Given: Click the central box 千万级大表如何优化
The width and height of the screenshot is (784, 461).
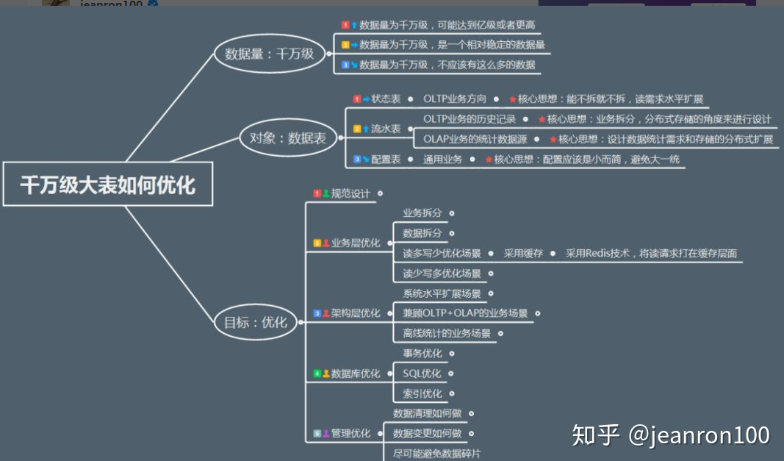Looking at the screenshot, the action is click(107, 184).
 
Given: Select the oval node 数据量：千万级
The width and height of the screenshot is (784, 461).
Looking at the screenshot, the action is click(269, 54).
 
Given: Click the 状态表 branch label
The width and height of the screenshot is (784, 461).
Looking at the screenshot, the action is click(386, 99).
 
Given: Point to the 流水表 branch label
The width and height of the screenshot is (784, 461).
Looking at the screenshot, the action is click(386, 129).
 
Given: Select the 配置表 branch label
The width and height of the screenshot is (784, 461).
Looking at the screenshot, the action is click(386, 159).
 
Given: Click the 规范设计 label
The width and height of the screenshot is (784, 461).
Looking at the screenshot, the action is click(350, 193).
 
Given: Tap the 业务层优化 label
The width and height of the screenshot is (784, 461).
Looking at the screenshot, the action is click(356, 243).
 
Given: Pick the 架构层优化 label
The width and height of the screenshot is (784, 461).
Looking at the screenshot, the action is click(356, 313).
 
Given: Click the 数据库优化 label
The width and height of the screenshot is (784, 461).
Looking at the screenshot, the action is click(356, 374).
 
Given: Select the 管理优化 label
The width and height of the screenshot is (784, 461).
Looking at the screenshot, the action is click(350, 434).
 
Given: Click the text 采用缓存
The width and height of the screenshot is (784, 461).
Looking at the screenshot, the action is click(523, 254).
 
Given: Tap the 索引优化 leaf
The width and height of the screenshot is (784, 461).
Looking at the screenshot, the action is click(422, 394).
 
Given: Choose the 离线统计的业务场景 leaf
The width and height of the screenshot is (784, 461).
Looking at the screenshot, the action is click(446, 333).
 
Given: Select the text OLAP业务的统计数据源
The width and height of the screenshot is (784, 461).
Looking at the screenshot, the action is click(474, 139).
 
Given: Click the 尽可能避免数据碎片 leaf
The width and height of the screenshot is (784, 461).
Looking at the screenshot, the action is click(436, 454).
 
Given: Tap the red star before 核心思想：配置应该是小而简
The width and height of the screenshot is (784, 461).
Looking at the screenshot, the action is click(488, 160).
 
